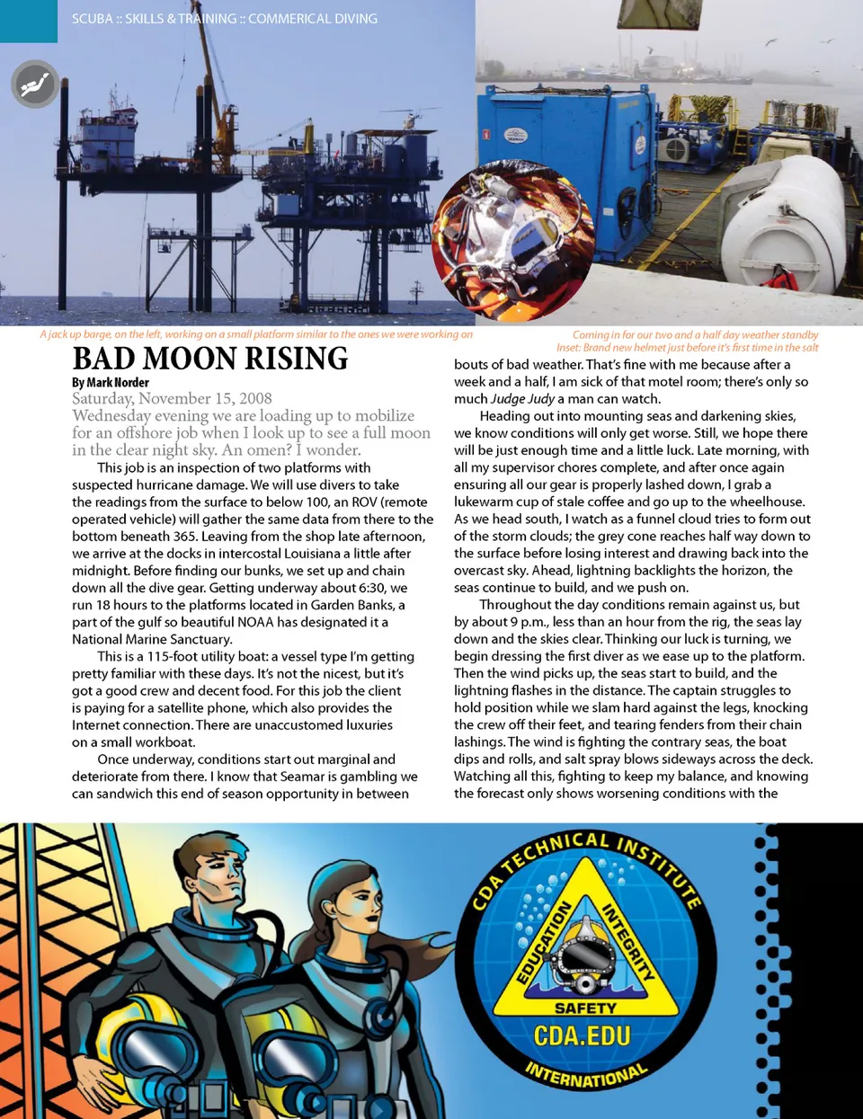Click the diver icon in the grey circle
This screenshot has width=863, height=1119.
[x=35, y=84]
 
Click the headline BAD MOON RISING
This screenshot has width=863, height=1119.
[x=210, y=359]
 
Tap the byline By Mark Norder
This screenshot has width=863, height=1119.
[x=111, y=383]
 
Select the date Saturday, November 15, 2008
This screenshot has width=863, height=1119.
[x=172, y=398]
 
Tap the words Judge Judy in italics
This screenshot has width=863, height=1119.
[x=522, y=399]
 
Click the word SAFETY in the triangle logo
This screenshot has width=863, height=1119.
[x=585, y=1008]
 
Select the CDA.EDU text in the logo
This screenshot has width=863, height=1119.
[x=583, y=1036]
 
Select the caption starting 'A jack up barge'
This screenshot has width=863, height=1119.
[x=255, y=334]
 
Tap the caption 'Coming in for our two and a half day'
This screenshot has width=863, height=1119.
[x=695, y=334]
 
